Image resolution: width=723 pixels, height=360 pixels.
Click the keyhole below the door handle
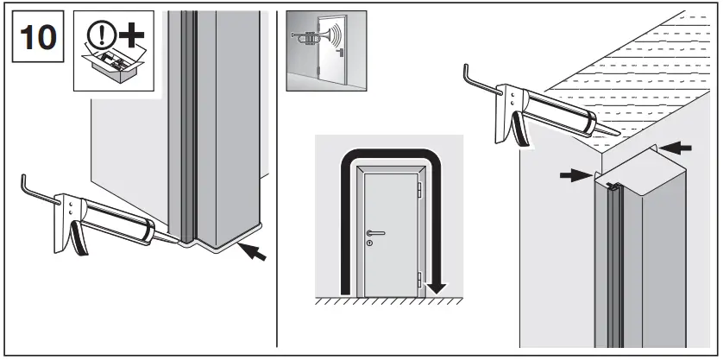[369, 243]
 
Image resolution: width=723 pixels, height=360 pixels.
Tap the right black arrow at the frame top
[677, 148]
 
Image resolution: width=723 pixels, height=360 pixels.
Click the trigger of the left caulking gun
[79, 238]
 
